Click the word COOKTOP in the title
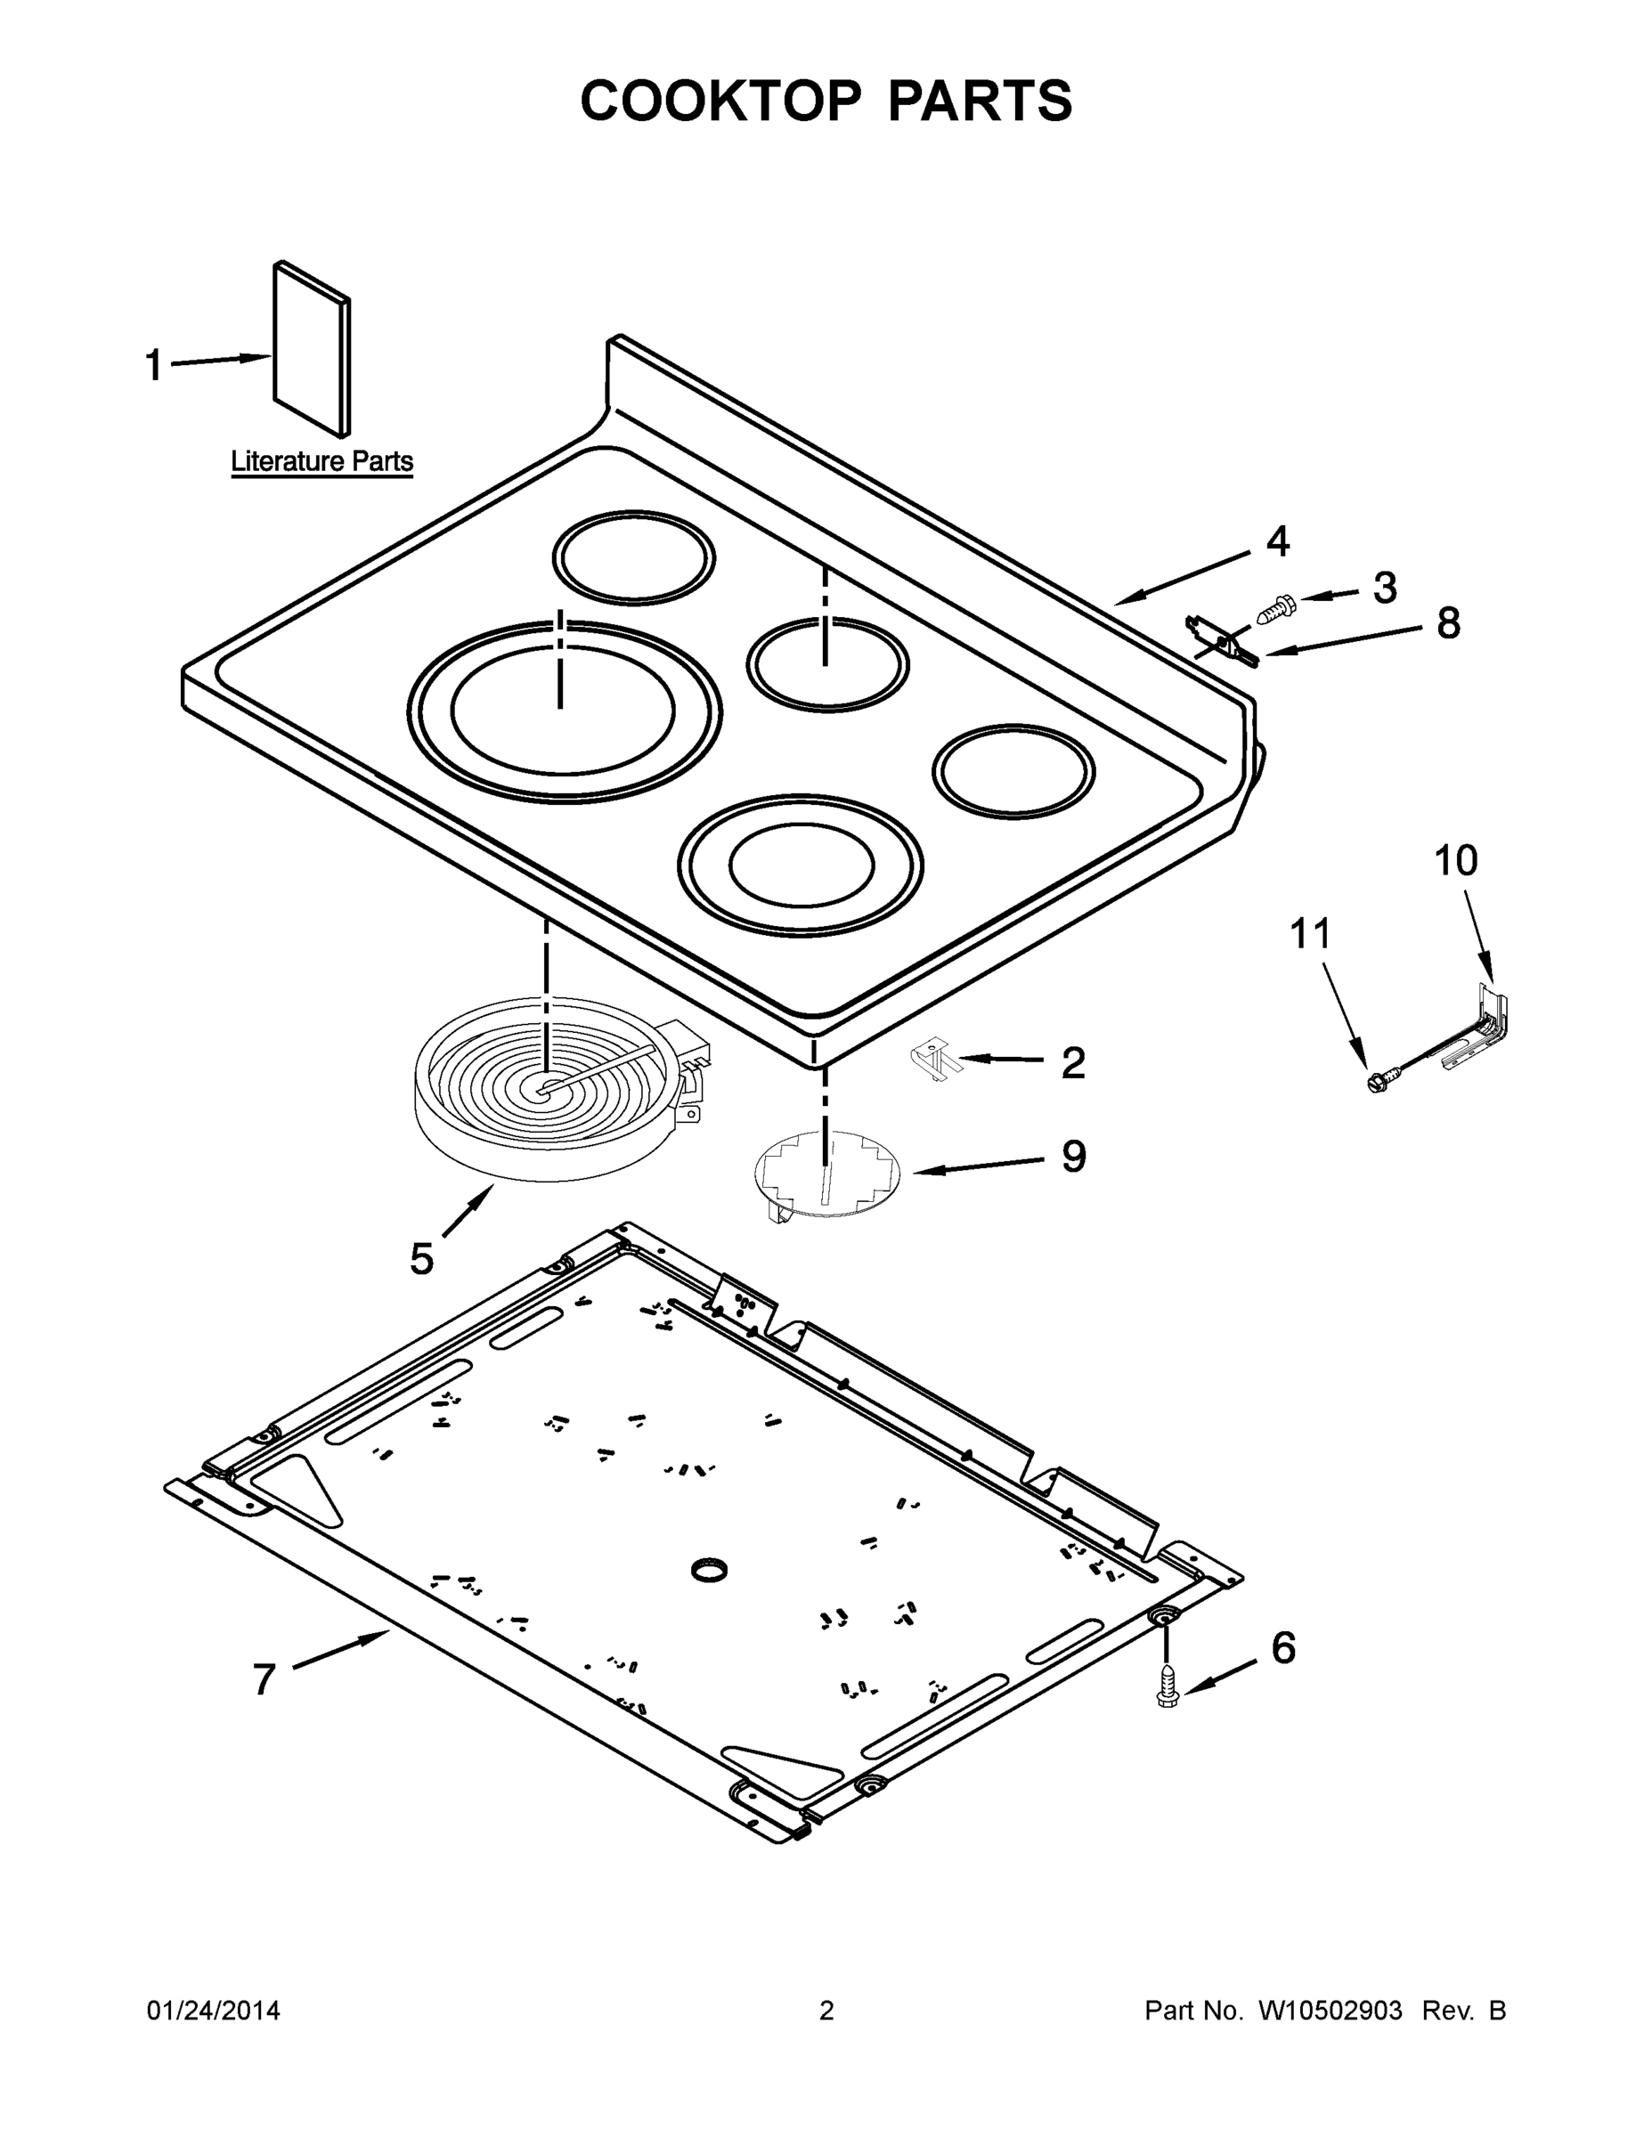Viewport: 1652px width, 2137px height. pyautogui.click(x=720, y=101)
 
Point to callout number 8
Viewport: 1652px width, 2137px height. pyautogui.click(x=1448, y=622)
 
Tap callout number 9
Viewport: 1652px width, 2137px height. pyautogui.click(x=1074, y=1157)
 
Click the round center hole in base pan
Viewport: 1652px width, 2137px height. pyautogui.click(x=710, y=1571)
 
